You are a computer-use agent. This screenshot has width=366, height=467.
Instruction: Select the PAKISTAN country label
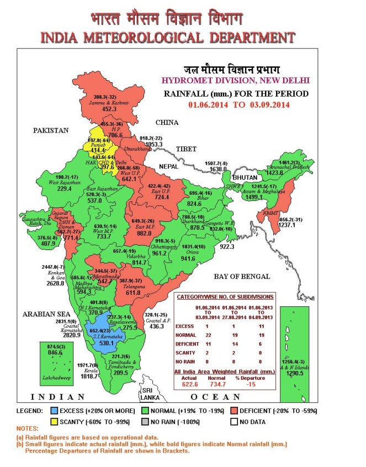(50, 131)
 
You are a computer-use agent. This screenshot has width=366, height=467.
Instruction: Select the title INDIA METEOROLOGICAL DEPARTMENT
(167, 38)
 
